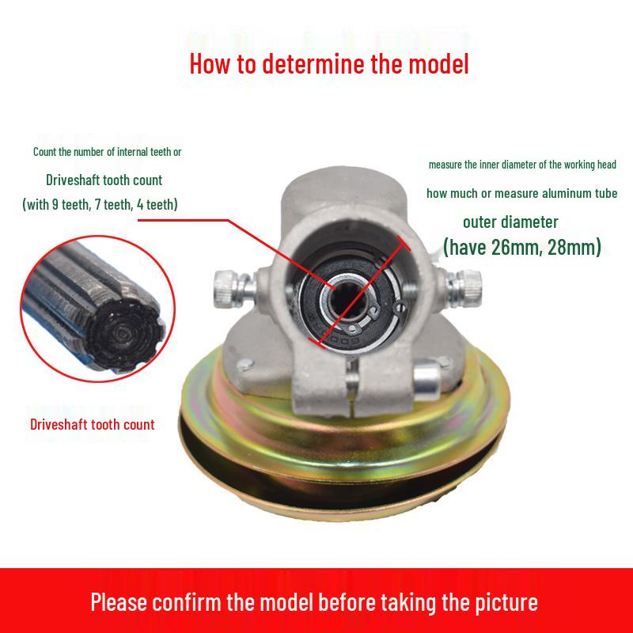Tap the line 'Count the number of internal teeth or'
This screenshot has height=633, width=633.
112,151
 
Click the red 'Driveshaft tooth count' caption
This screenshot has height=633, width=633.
93,424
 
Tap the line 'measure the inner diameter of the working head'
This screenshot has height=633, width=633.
522,165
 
